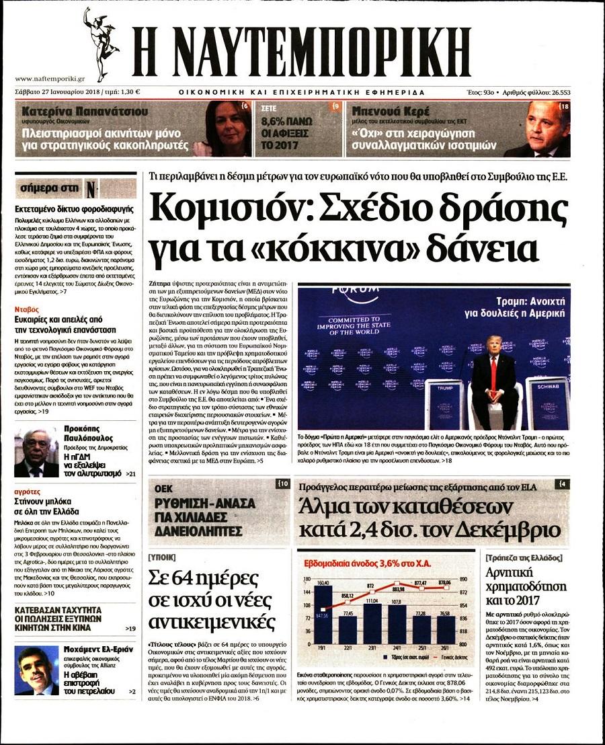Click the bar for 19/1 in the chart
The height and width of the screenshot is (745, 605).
pos(323,615)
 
